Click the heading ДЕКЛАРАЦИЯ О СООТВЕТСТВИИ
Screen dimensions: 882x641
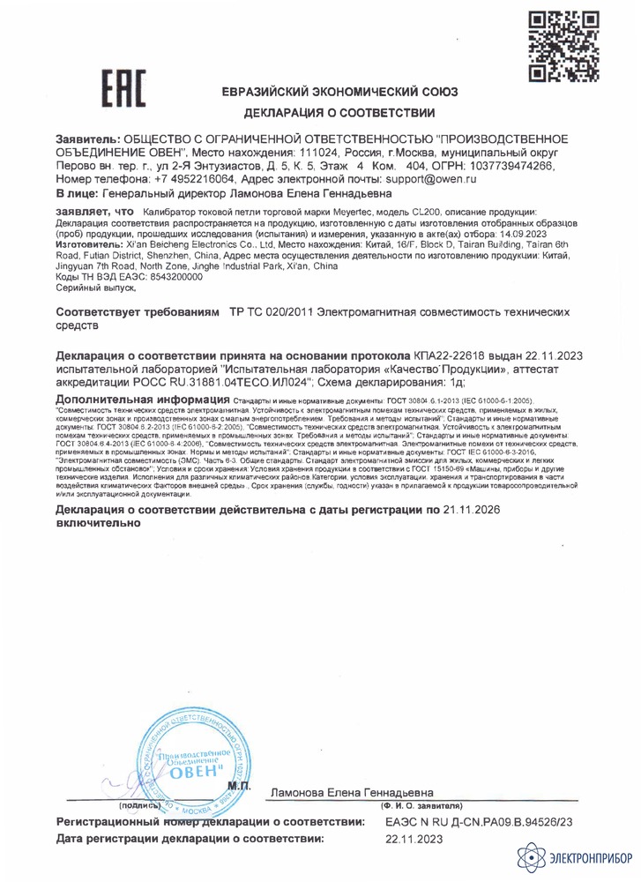[340, 113]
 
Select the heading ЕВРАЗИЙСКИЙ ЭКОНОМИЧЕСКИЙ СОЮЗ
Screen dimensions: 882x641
[340, 93]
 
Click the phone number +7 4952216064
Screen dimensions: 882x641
[175, 178]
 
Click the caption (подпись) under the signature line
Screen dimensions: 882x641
[138, 805]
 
